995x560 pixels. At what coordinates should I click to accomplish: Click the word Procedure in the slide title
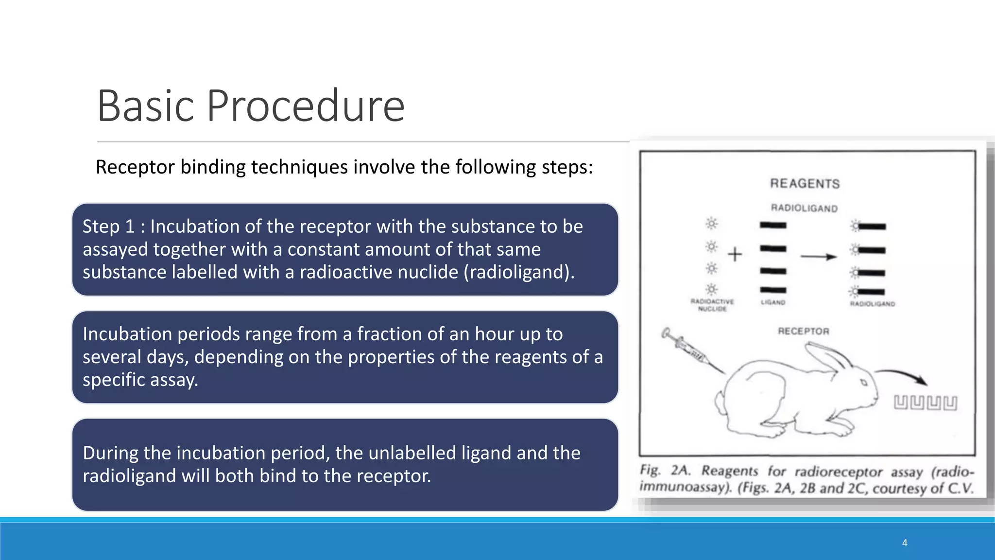tap(306, 106)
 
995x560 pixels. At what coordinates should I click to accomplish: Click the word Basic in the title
tap(146, 106)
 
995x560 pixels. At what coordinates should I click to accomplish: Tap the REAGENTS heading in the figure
tap(805, 184)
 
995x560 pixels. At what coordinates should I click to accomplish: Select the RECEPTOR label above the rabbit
tap(803, 332)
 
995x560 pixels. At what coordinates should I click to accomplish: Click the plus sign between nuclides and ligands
tap(735, 254)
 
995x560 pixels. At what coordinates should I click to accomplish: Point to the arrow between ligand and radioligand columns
tap(818, 257)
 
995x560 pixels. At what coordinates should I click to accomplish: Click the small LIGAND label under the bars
tap(772, 303)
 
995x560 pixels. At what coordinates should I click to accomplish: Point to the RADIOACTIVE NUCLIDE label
tap(712, 305)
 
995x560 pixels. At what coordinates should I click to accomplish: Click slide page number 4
tap(904, 543)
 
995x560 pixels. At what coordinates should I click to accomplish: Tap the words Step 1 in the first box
tap(108, 227)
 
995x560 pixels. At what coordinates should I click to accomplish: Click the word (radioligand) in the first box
tap(518, 272)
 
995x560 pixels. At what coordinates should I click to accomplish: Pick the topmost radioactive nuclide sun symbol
tap(711, 224)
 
